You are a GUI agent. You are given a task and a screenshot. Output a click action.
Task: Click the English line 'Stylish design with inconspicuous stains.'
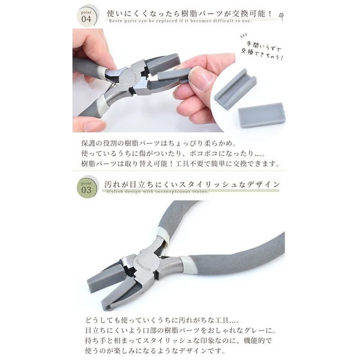click(157, 191)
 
